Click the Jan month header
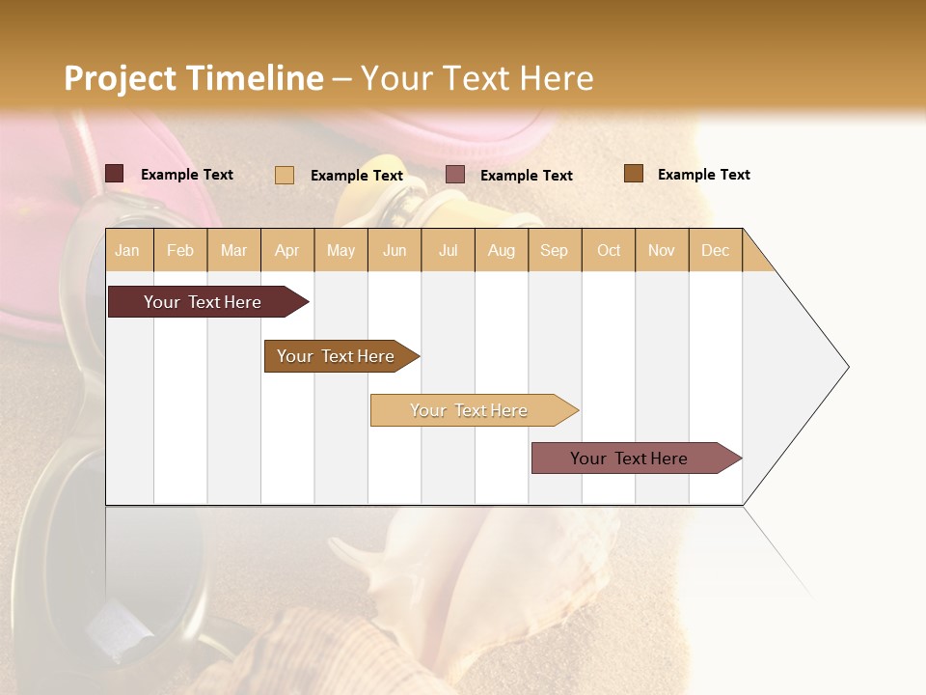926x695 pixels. click(128, 250)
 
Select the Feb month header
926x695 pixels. click(180, 250)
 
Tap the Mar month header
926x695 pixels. click(233, 250)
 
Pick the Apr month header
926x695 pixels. click(287, 250)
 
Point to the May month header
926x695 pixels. click(340, 250)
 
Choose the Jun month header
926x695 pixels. click(395, 250)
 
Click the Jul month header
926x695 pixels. click(448, 250)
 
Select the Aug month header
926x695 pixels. click(502, 250)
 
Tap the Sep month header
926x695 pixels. click(555, 250)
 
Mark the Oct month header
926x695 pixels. click(609, 250)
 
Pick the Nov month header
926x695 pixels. click(662, 250)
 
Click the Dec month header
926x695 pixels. click(715, 250)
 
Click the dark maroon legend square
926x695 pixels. click(115, 174)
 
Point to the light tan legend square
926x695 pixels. click(285, 175)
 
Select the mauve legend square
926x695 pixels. click(455, 175)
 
